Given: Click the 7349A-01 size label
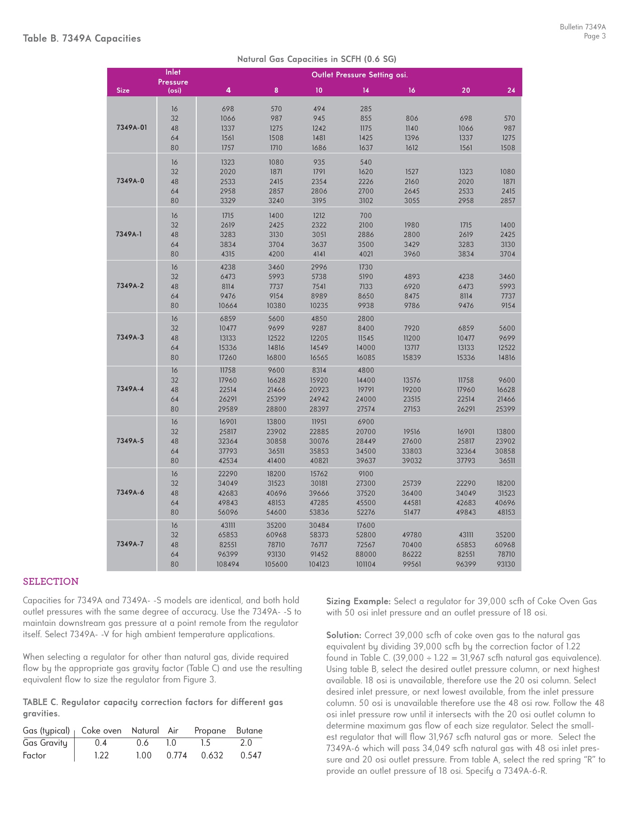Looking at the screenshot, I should pyautogui.click(x=132, y=128).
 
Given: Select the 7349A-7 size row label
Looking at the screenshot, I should pyautogui.click(x=130, y=544).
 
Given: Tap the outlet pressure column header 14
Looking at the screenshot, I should pyautogui.click(x=365, y=90).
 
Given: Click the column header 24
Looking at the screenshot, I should pyautogui.click(x=511, y=90).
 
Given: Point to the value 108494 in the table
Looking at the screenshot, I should pyautogui.click(x=228, y=564).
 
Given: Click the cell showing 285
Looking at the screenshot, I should pyautogui.click(x=365, y=109).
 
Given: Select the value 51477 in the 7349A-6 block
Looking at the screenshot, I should pyautogui.click(x=411, y=512).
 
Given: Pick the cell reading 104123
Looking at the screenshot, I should pyautogui.click(x=319, y=564).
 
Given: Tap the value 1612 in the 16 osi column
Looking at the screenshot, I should pyautogui.click(x=411, y=148).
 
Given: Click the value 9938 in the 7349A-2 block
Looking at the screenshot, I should pyautogui.click(x=365, y=306).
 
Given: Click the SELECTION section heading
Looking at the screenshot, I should pyautogui.click(x=51, y=582).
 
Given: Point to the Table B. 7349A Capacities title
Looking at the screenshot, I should pyautogui.click(x=82, y=38).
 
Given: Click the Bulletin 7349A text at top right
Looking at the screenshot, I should pyautogui.click(x=582, y=27).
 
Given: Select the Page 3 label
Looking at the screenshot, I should pyautogui.click(x=594, y=36).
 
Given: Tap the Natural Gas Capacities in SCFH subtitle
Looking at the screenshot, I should pyautogui.click(x=317, y=59).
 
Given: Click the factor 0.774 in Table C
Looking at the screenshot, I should pyautogui.click(x=176, y=755).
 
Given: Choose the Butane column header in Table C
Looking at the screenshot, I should pyautogui.click(x=249, y=731).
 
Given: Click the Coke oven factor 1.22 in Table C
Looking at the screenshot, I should pyautogui.click(x=102, y=755).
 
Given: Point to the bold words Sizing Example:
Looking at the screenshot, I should pyautogui.click(x=358, y=601).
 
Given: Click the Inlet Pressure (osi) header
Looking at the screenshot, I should pyautogui.click(x=173, y=81).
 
